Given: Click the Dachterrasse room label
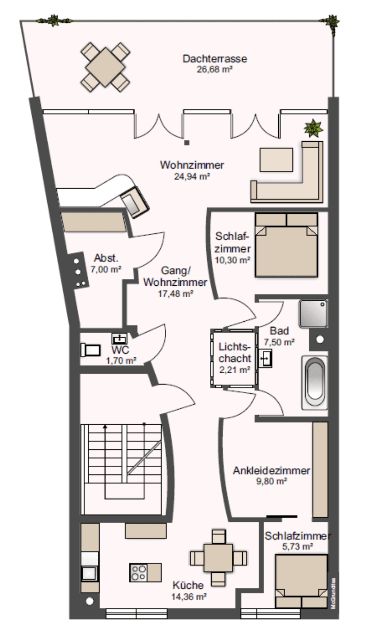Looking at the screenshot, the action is point(215,59).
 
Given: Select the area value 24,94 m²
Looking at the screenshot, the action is point(192,177).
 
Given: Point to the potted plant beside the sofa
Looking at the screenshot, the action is point(313,128).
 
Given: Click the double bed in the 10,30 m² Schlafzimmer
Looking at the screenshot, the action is point(286,245).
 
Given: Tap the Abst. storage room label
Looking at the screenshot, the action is point(106,258).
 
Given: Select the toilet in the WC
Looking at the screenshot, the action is point(90,350).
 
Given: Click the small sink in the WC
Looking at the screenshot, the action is point(120,338).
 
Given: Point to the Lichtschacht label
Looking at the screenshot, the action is point(234,352).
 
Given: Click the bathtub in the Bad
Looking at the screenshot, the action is point(315,383).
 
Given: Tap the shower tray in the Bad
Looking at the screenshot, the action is point(314,314).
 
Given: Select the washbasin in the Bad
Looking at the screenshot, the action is point(265,358).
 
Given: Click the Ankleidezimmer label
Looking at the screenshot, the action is point(271,471).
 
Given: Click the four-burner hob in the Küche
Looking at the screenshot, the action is point(138,573).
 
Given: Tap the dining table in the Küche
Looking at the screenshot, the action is point(218,558).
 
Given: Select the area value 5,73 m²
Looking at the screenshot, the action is point(297,546).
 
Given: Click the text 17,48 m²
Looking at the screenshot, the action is point(175,294).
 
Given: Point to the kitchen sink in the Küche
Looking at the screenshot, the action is point(89,573).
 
